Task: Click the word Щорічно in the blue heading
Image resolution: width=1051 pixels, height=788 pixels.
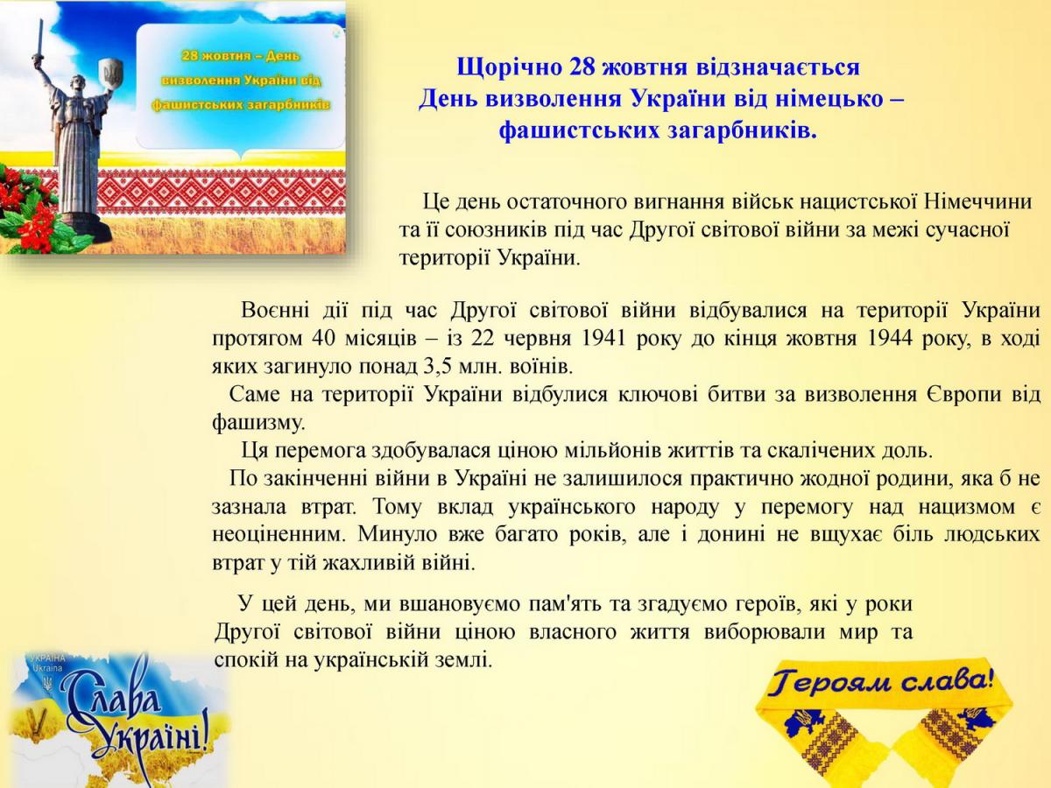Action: coord(509,67)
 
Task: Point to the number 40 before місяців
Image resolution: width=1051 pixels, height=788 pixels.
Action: coord(323,338)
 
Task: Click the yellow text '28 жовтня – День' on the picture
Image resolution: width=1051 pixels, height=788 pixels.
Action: coord(241,56)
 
